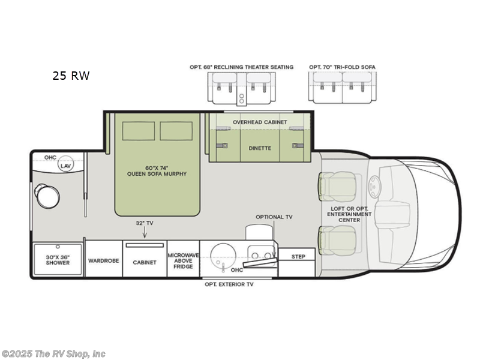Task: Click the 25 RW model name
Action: (x=70, y=76)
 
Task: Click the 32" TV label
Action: (x=145, y=223)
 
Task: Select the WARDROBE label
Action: (x=103, y=262)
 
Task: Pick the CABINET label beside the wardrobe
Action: (x=145, y=262)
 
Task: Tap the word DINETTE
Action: (x=260, y=147)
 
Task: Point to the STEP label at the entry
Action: (x=298, y=256)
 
